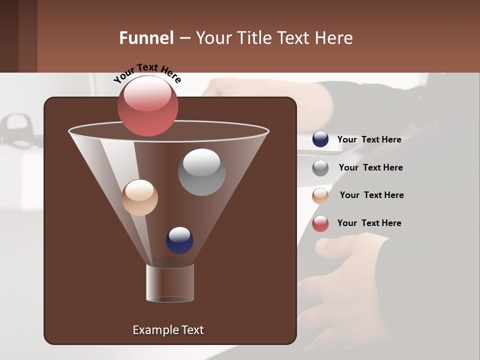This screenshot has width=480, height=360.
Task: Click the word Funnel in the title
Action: point(146,38)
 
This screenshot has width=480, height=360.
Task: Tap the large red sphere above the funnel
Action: point(147,105)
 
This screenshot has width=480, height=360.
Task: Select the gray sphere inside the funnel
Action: point(201,172)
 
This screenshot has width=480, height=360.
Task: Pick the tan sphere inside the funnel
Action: point(139,197)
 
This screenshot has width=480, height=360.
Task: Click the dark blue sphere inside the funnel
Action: point(179,240)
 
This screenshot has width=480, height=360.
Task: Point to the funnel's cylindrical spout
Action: point(170,283)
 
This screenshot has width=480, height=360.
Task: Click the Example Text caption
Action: point(168,330)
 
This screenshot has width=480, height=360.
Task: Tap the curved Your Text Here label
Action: point(147,73)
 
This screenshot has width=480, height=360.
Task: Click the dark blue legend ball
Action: point(320,139)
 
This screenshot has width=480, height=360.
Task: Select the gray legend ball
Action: point(320,168)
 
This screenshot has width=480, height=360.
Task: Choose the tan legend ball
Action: point(320,196)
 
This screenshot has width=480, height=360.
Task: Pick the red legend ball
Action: point(320,223)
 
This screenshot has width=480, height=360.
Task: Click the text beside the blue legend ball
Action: point(369,139)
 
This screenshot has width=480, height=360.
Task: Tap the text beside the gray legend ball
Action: point(370,167)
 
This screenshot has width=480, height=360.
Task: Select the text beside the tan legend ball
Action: point(371,195)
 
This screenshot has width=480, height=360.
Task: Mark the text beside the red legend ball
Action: point(369,223)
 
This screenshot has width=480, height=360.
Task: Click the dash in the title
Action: point(184,38)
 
